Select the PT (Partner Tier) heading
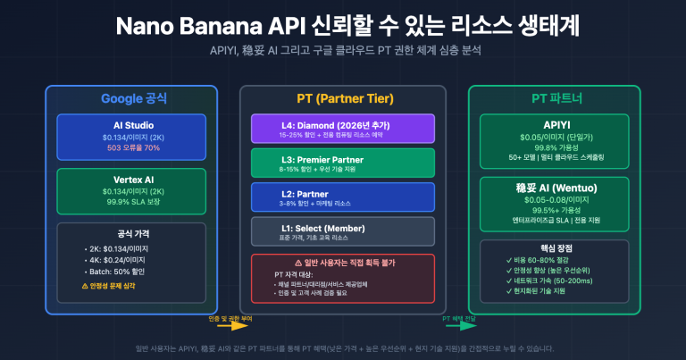point(342,99)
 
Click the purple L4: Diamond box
point(342,129)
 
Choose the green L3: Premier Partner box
point(342,163)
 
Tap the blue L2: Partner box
point(342,197)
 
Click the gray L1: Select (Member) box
point(342,230)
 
